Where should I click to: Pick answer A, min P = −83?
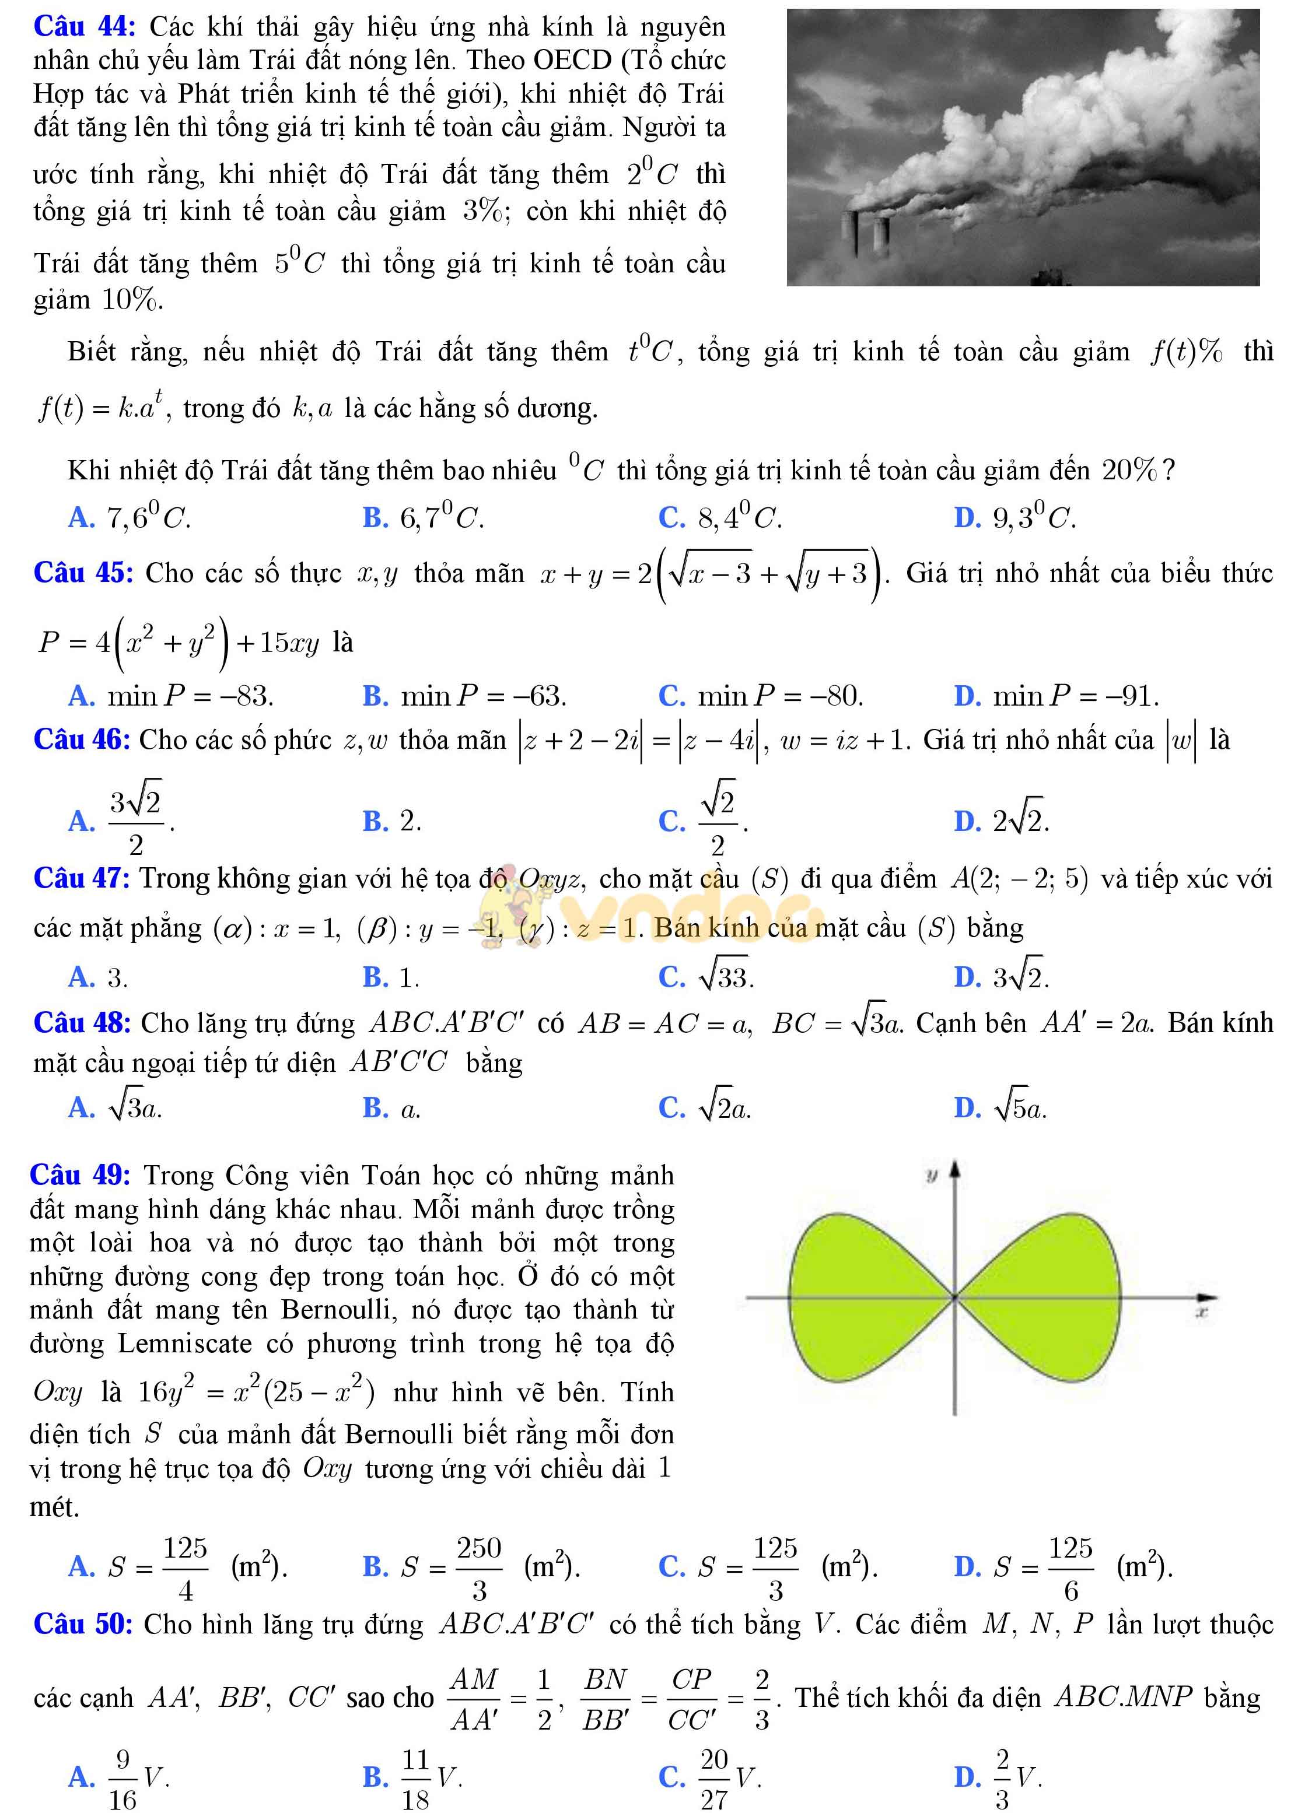click(190, 696)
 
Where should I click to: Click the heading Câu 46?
click(82, 739)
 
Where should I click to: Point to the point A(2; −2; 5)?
click(1019, 879)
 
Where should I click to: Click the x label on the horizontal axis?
click(1201, 1311)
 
